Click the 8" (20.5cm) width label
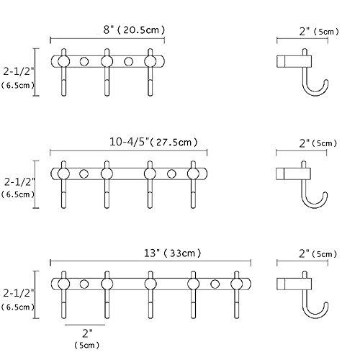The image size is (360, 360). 135,30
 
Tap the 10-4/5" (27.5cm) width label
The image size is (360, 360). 153,142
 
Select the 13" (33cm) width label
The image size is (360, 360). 173,253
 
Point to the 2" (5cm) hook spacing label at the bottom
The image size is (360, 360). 86,339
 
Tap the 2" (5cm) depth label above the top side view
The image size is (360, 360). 319,32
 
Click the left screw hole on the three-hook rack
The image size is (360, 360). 84,61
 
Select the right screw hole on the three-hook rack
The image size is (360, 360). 129,61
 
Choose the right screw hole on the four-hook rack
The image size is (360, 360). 171,174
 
